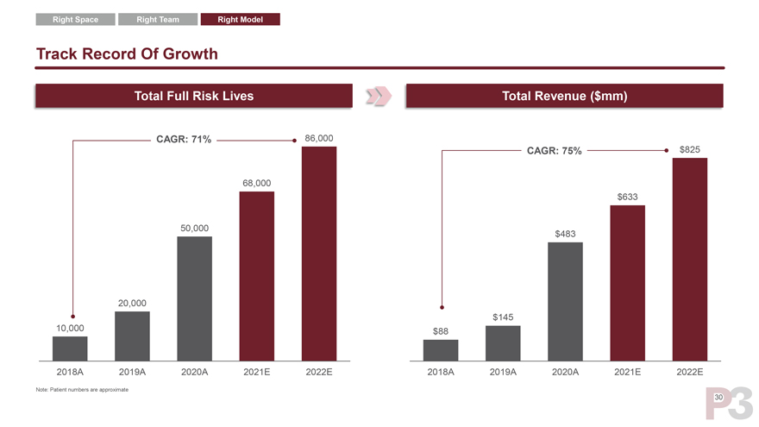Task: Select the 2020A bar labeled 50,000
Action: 194,298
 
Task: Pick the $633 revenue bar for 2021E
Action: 627,282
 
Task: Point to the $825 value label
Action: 690,150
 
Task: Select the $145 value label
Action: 504,317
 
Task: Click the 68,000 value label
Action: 257,183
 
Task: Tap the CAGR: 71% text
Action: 183,140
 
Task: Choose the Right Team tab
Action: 158,19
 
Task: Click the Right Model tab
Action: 240,19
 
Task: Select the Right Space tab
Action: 75,19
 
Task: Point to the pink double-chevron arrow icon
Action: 379,96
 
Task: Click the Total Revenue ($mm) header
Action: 563,96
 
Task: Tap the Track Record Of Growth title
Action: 127,54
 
